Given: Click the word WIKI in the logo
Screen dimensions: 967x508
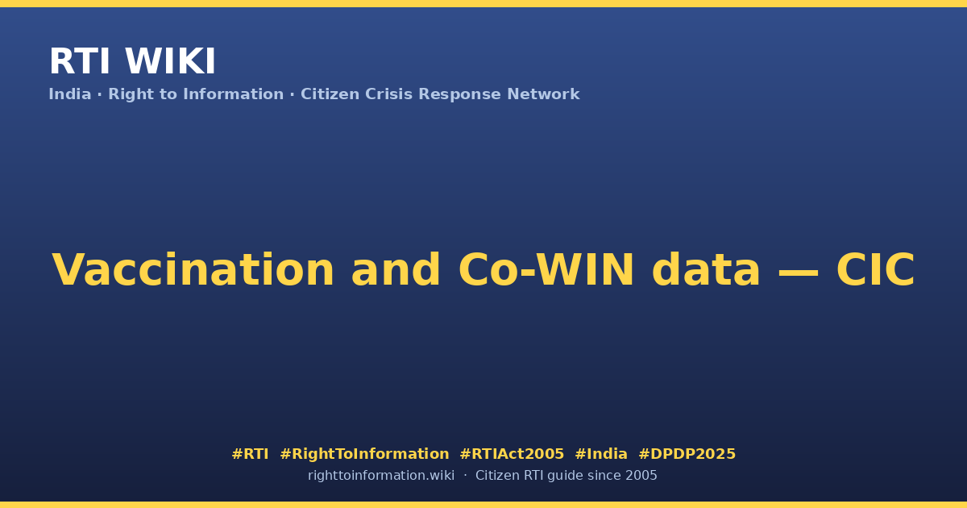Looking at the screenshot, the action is (x=170, y=61).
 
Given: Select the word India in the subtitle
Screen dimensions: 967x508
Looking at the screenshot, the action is (x=70, y=94).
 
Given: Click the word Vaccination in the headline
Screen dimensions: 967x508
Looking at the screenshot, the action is (x=193, y=270).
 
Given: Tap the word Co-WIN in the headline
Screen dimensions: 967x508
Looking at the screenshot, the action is (x=546, y=270).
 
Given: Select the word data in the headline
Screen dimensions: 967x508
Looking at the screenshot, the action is (x=706, y=270).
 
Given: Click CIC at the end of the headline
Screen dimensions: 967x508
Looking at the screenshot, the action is (x=875, y=270).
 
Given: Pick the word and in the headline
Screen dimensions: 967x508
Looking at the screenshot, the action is (x=396, y=270).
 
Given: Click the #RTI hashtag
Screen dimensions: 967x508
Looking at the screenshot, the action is (x=250, y=454).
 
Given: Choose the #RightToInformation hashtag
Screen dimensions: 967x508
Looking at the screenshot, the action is (x=364, y=454).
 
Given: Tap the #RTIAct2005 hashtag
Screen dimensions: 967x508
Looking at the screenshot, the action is (x=512, y=454).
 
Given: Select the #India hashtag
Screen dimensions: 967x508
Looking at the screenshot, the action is (x=601, y=454).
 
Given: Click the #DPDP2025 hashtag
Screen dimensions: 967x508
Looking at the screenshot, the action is (x=687, y=454).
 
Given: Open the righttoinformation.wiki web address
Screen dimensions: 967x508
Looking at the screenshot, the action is (x=380, y=476).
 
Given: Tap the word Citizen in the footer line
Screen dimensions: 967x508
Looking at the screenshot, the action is (x=497, y=476).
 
